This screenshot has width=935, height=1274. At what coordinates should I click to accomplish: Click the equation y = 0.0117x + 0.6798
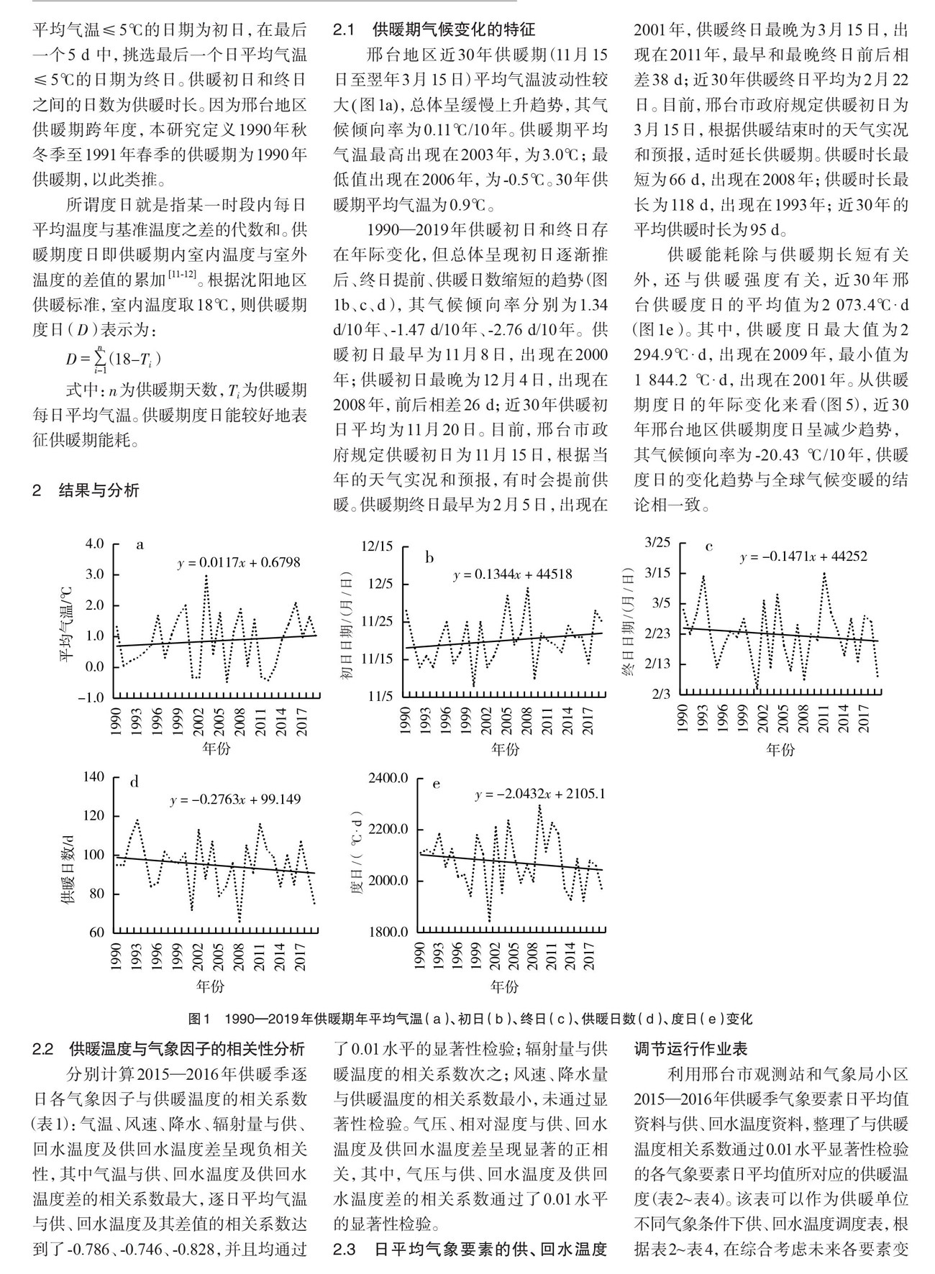239,563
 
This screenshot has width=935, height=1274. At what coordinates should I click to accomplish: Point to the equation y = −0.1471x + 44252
804,556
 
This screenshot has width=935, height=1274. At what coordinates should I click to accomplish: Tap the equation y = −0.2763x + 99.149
235,799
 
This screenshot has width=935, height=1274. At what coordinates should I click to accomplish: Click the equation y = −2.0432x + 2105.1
540,794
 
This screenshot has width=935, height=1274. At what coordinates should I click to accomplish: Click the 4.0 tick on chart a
96,544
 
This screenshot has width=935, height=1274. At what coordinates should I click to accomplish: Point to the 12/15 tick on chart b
378,547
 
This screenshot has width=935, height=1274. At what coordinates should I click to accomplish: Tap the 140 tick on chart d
94,777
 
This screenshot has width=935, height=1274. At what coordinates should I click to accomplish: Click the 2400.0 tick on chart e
388,779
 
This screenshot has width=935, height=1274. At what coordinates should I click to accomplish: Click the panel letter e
436,784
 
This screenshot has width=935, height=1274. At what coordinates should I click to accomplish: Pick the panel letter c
708,546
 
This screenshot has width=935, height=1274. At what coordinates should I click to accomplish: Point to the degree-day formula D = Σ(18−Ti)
114,357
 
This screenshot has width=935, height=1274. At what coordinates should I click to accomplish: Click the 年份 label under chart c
780,751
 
